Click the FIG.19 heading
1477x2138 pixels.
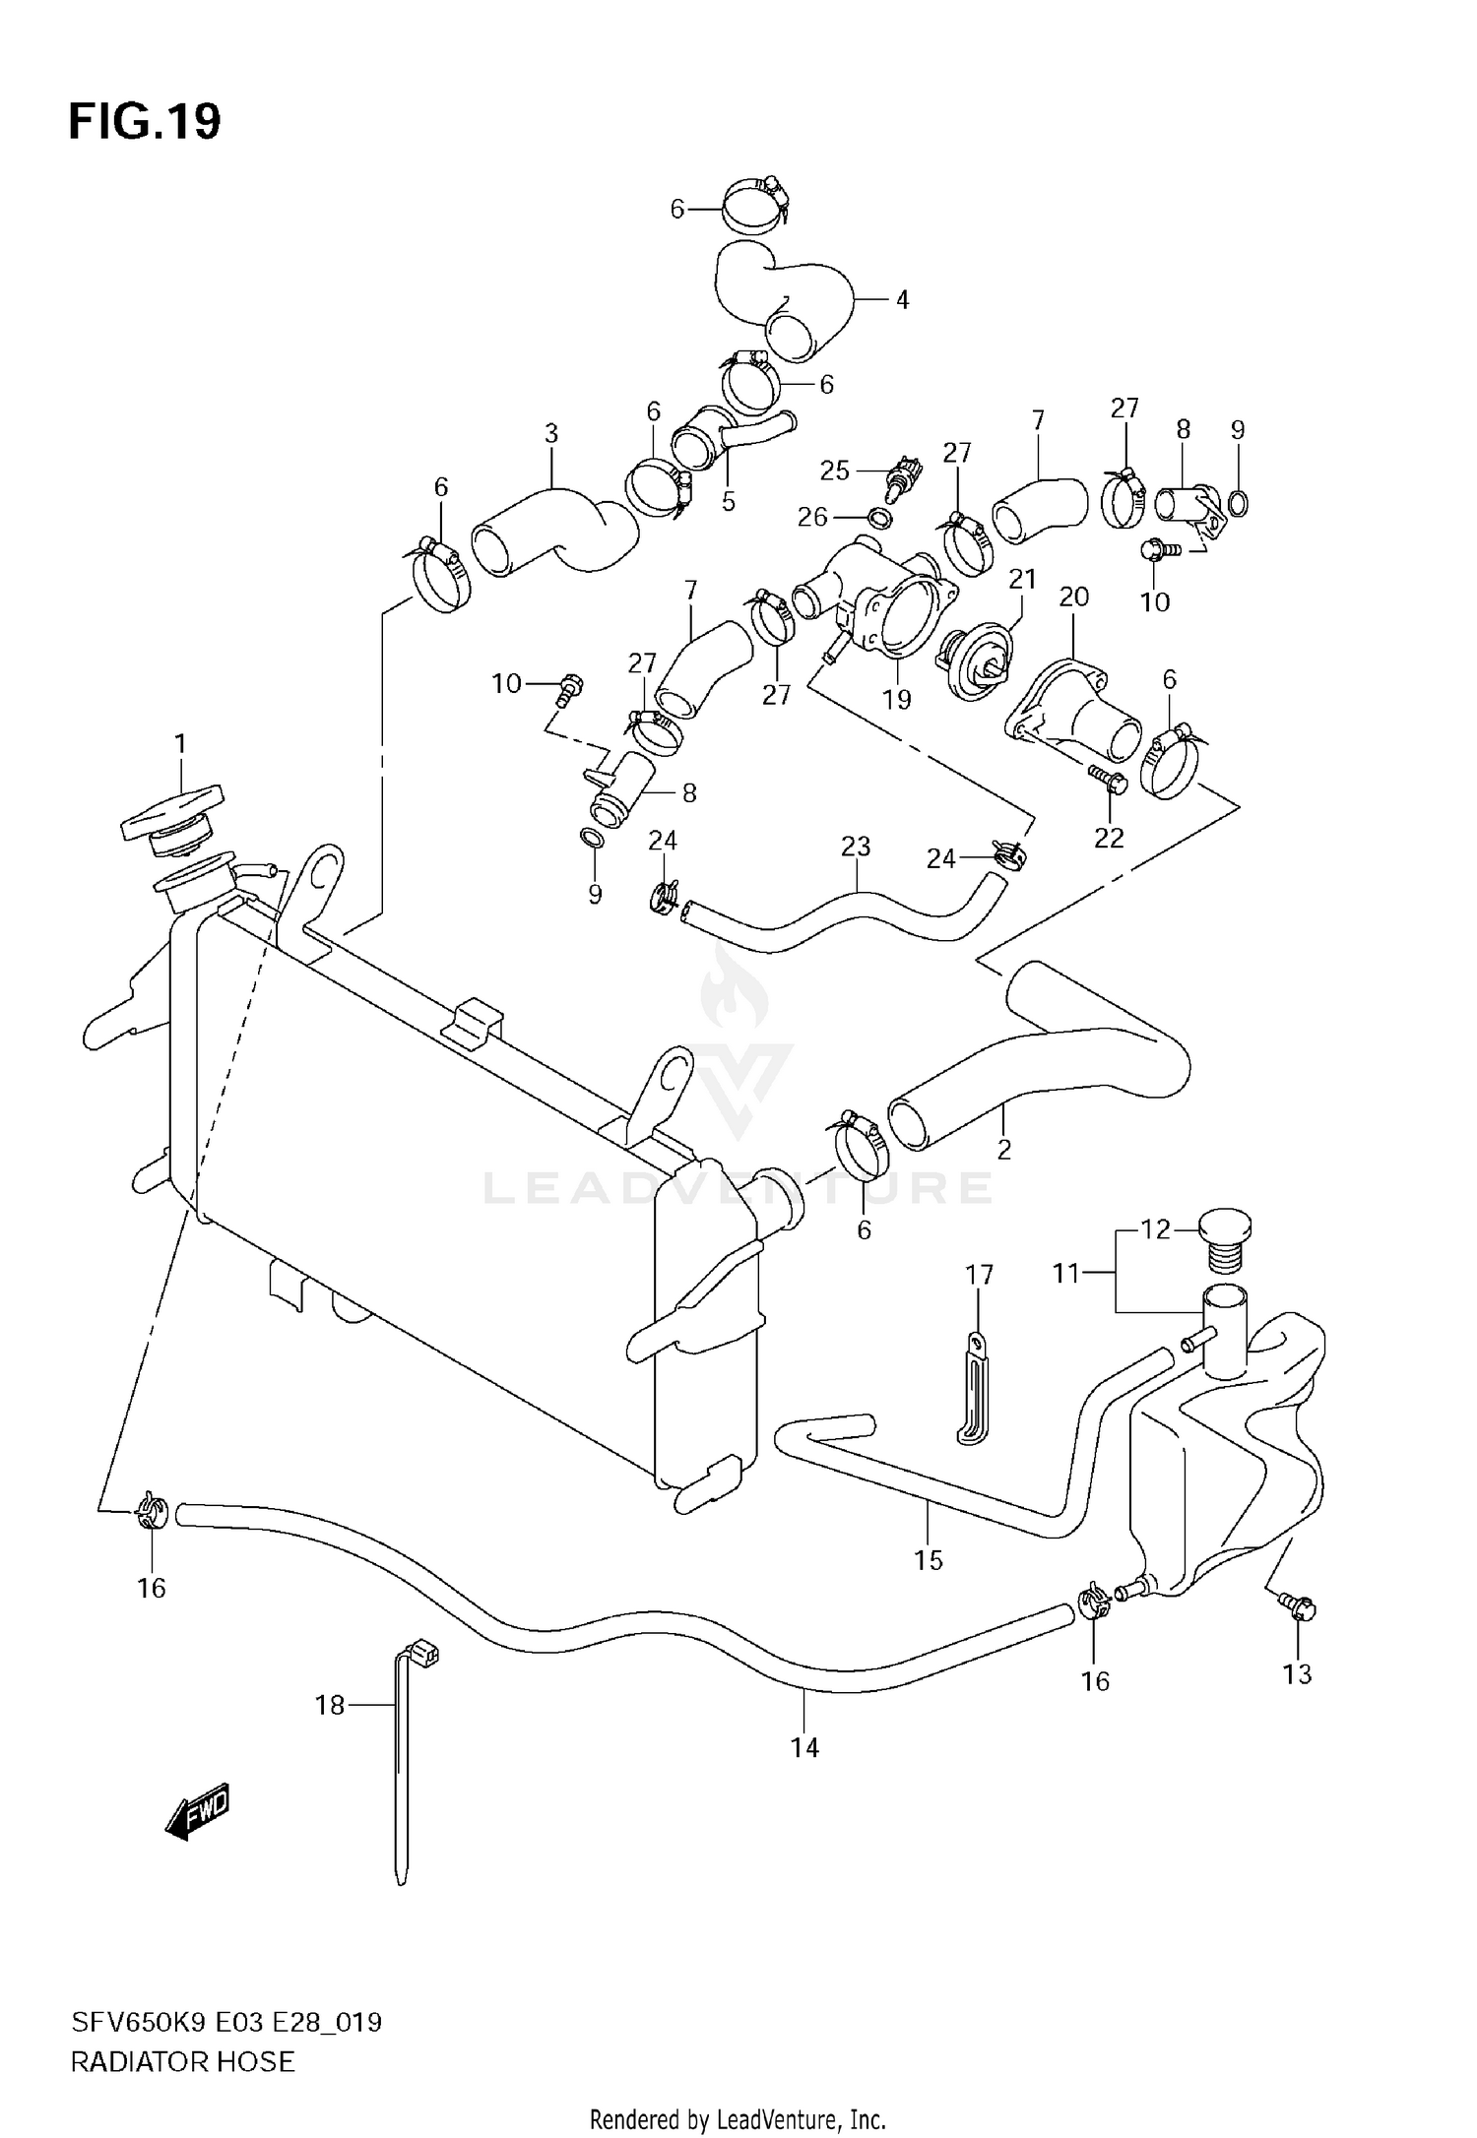pyautogui.click(x=145, y=122)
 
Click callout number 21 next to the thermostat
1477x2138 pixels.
pyautogui.click(x=1022, y=579)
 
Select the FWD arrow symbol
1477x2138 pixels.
pyautogui.click(x=198, y=1810)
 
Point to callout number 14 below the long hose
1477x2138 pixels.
pyautogui.click(x=804, y=1747)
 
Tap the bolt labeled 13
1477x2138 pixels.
pyautogui.click(x=1299, y=1608)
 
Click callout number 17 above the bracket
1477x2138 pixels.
pyautogui.click(x=979, y=1275)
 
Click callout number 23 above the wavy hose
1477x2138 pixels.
pyautogui.click(x=856, y=847)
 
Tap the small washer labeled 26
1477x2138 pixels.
pyautogui.click(x=880, y=517)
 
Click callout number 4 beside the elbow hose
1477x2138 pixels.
pyautogui.click(x=902, y=299)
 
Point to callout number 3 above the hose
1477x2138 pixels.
pyautogui.click(x=551, y=433)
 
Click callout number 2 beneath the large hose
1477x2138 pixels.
pyautogui.click(x=1003, y=1149)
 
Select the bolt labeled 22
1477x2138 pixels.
pyautogui.click(x=1107, y=784)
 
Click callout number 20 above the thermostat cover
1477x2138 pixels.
pyautogui.click(x=1073, y=597)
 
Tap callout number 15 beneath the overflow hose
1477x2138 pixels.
pyautogui.click(x=928, y=1560)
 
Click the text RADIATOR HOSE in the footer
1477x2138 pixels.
pyautogui.click(x=182, y=2062)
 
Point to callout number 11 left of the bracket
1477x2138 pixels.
pyautogui.click(x=1066, y=1274)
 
